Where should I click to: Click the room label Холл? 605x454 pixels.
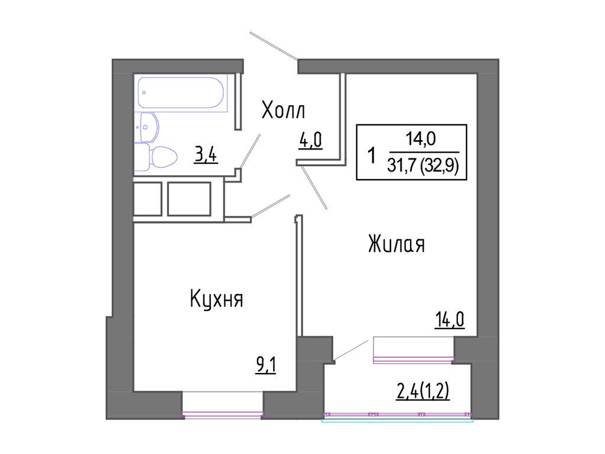pos(284,110)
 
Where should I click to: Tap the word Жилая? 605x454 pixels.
pos(396,244)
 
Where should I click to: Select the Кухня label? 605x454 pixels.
pos(217,299)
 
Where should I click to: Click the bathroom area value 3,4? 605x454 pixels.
pos(206,155)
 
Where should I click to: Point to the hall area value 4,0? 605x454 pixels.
pos(310,142)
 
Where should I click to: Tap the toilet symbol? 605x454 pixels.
pos(158,158)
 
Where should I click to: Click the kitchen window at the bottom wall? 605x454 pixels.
pos(222,413)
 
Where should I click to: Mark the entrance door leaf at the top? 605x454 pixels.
pos(274,46)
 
